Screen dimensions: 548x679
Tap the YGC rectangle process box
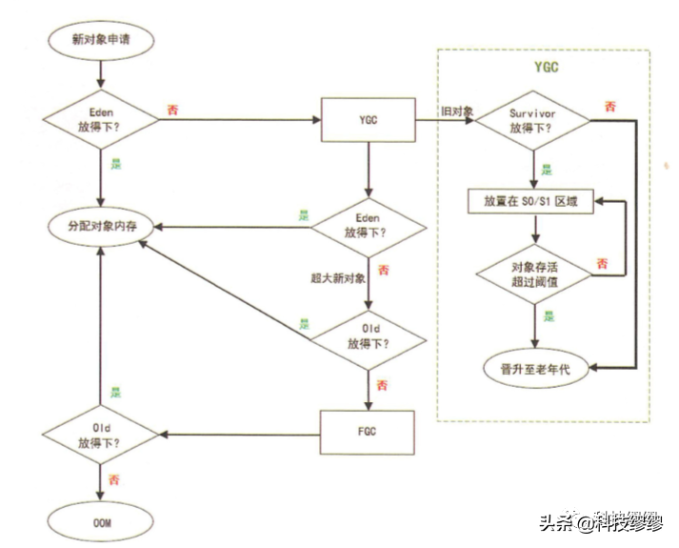(368, 120)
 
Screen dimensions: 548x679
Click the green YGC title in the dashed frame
(546, 68)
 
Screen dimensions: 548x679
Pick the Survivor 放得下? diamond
(530, 120)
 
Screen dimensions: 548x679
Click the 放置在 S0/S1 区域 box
(531, 202)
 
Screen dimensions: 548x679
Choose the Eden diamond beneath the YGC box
(368, 226)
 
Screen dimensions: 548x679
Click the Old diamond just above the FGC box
(368, 335)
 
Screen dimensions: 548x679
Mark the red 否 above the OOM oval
(115, 478)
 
